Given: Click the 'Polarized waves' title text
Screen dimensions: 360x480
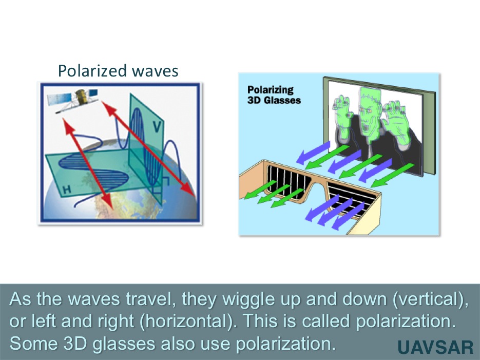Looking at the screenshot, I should [x=118, y=71].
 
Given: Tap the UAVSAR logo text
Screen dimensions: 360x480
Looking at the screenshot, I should [x=436, y=348].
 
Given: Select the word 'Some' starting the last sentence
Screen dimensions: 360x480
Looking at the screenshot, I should [x=31, y=344].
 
